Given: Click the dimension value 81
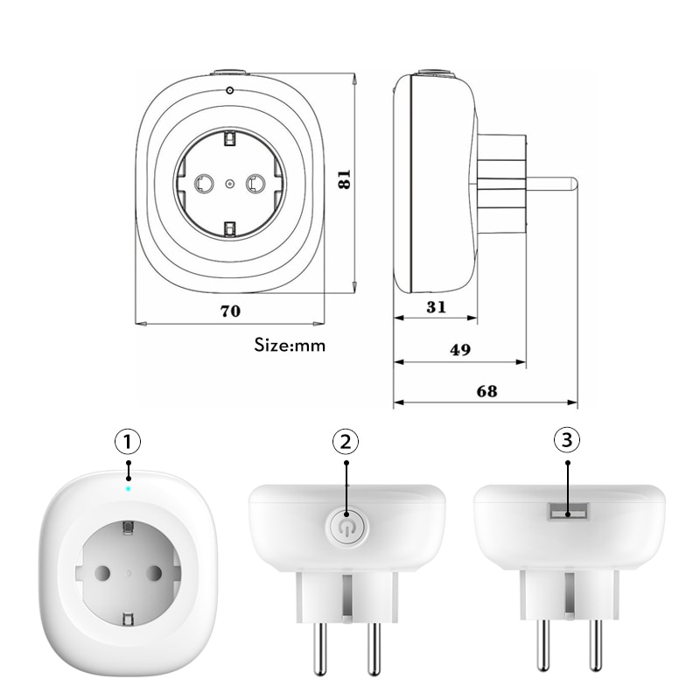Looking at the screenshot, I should pyautogui.click(x=345, y=179).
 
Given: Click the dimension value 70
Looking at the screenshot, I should pyautogui.click(x=230, y=310).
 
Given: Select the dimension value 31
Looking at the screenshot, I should pyautogui.click(x=437, y=306).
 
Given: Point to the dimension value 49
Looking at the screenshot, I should pyautogui.click(x=460, y=349).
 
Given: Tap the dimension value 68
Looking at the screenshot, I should pyautogui.click(x=486, y=391).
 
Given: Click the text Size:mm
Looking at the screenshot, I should pyautogui.click(x=290, y=345).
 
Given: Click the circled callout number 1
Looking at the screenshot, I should pyautogui.click(x=129, y=440).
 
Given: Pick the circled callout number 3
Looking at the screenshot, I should pyautogui.click(x=568, y=440).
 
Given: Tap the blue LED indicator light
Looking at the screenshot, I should pyautogui.click(x=129, y=487).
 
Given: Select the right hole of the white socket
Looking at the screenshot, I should pyautogui.click(x=156, y=573).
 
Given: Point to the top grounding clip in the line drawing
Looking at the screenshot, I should pyautogui.click(x=229, y=138).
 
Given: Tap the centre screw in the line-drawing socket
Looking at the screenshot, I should pyautogui.click(x=229, y=183).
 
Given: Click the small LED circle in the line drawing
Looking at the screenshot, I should pyautogui.click(x=229, y=91).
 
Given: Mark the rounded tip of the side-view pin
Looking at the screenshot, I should pyautogui.click(x=570, y=183).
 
